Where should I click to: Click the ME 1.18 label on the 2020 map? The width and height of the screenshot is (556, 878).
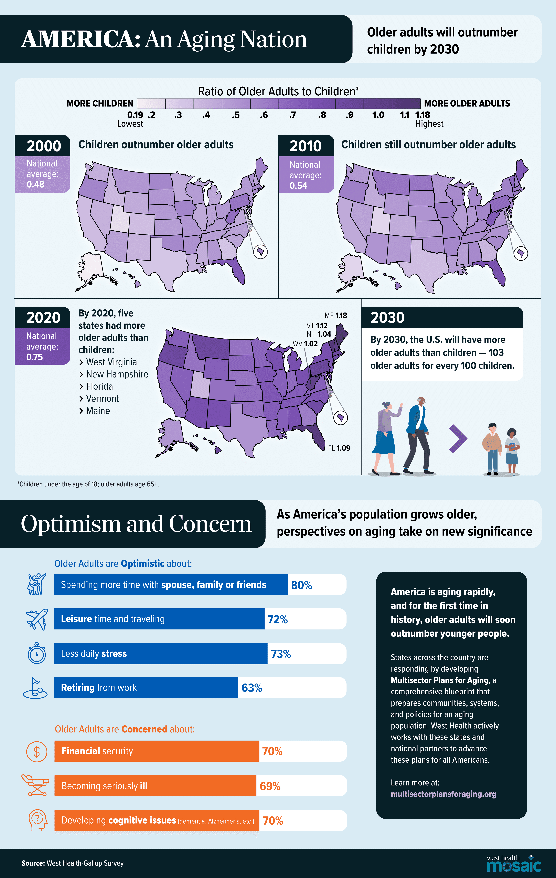click(336, 315)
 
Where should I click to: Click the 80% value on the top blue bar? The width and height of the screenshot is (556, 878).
click(301, 585)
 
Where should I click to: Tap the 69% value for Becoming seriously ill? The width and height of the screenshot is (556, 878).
click(270, 786)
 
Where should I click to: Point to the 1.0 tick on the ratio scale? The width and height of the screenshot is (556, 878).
click(378, 115)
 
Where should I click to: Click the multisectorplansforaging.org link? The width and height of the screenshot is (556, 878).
click(443, 794)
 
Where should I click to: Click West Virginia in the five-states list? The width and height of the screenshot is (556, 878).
click(111, 362)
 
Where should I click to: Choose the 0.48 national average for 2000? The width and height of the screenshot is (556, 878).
click(35, 184)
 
